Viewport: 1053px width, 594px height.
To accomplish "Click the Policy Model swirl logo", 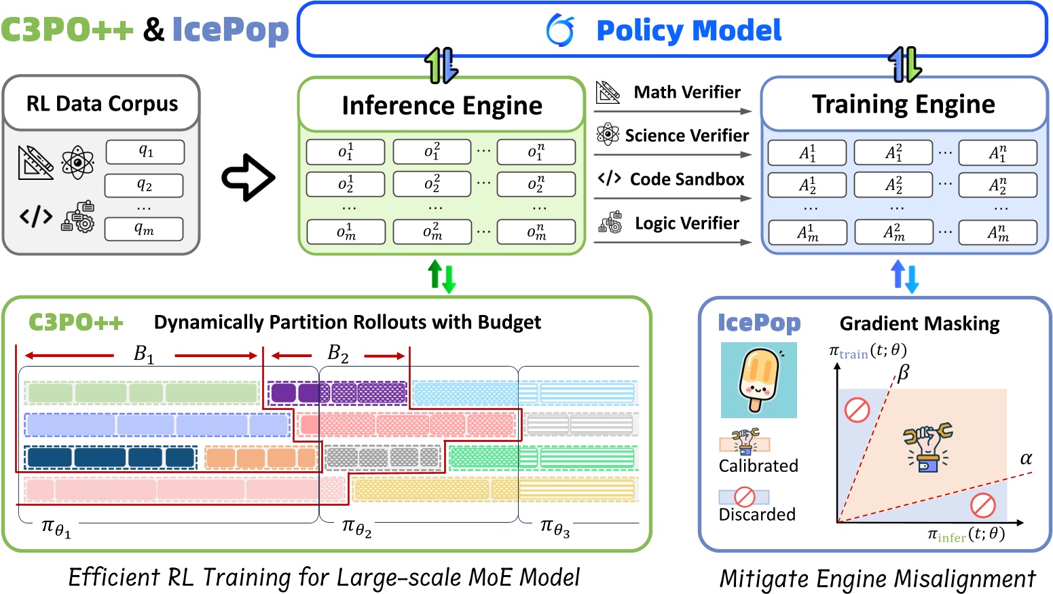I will [x=560, y=31].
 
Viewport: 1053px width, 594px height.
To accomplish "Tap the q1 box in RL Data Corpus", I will [x=145, y=152].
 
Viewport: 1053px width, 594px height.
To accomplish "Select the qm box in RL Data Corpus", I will [x=144, y=229].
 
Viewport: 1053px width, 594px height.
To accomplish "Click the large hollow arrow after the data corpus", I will [x=248, y=178].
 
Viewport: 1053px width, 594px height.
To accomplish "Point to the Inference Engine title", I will [x=442, y=105].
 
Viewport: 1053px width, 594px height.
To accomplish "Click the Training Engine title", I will [x=904, y=104].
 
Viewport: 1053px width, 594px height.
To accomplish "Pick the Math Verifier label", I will [x=686, y=92].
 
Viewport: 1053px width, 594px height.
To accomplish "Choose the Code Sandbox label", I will [x=687, y=179].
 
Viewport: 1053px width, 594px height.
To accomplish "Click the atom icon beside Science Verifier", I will [x=608, y=134].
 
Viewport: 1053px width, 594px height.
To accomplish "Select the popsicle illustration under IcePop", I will [x=758, y=379].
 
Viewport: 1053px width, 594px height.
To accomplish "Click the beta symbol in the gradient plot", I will [x=903, y=373].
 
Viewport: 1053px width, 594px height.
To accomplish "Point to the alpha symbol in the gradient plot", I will [x=1026, y=459].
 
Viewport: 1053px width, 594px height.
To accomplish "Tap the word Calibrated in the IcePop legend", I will [x=758, y=466].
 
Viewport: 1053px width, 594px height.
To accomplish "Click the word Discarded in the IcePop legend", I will [x=757, y=514].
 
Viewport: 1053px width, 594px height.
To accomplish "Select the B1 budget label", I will [x=144, y=354].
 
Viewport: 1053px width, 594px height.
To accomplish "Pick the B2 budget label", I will [x=337, y=353].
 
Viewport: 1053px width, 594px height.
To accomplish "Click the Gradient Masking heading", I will [x=919, y=324].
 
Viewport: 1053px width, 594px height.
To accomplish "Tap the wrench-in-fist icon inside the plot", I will [x=927, y=447].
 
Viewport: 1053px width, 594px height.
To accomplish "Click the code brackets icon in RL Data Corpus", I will [x=36, y=217].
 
